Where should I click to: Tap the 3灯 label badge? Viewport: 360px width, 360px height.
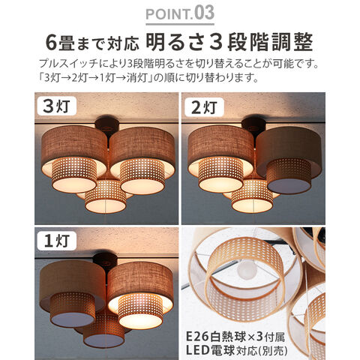[x=57, y=106]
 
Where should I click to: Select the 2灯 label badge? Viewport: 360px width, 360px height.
[x=204, y=107]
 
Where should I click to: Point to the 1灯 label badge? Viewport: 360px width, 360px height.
[x=57, y=241]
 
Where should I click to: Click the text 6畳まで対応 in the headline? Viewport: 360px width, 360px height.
[x=92, y=43]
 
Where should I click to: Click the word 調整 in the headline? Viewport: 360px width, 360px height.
[x=292, y=42]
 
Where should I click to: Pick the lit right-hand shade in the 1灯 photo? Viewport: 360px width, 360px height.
[x=140, y=295]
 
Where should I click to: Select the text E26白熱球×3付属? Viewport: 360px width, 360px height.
[x=235, y=337]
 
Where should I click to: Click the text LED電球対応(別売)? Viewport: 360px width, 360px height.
[x=237, y=350]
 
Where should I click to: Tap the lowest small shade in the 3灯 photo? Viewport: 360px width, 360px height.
[x=105, y=196]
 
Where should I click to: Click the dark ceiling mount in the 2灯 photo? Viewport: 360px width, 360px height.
[x=253, y=127]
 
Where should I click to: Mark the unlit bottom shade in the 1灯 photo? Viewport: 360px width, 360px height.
[x=103, y=331]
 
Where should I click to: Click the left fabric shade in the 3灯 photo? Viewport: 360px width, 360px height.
[x=74, y=159]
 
